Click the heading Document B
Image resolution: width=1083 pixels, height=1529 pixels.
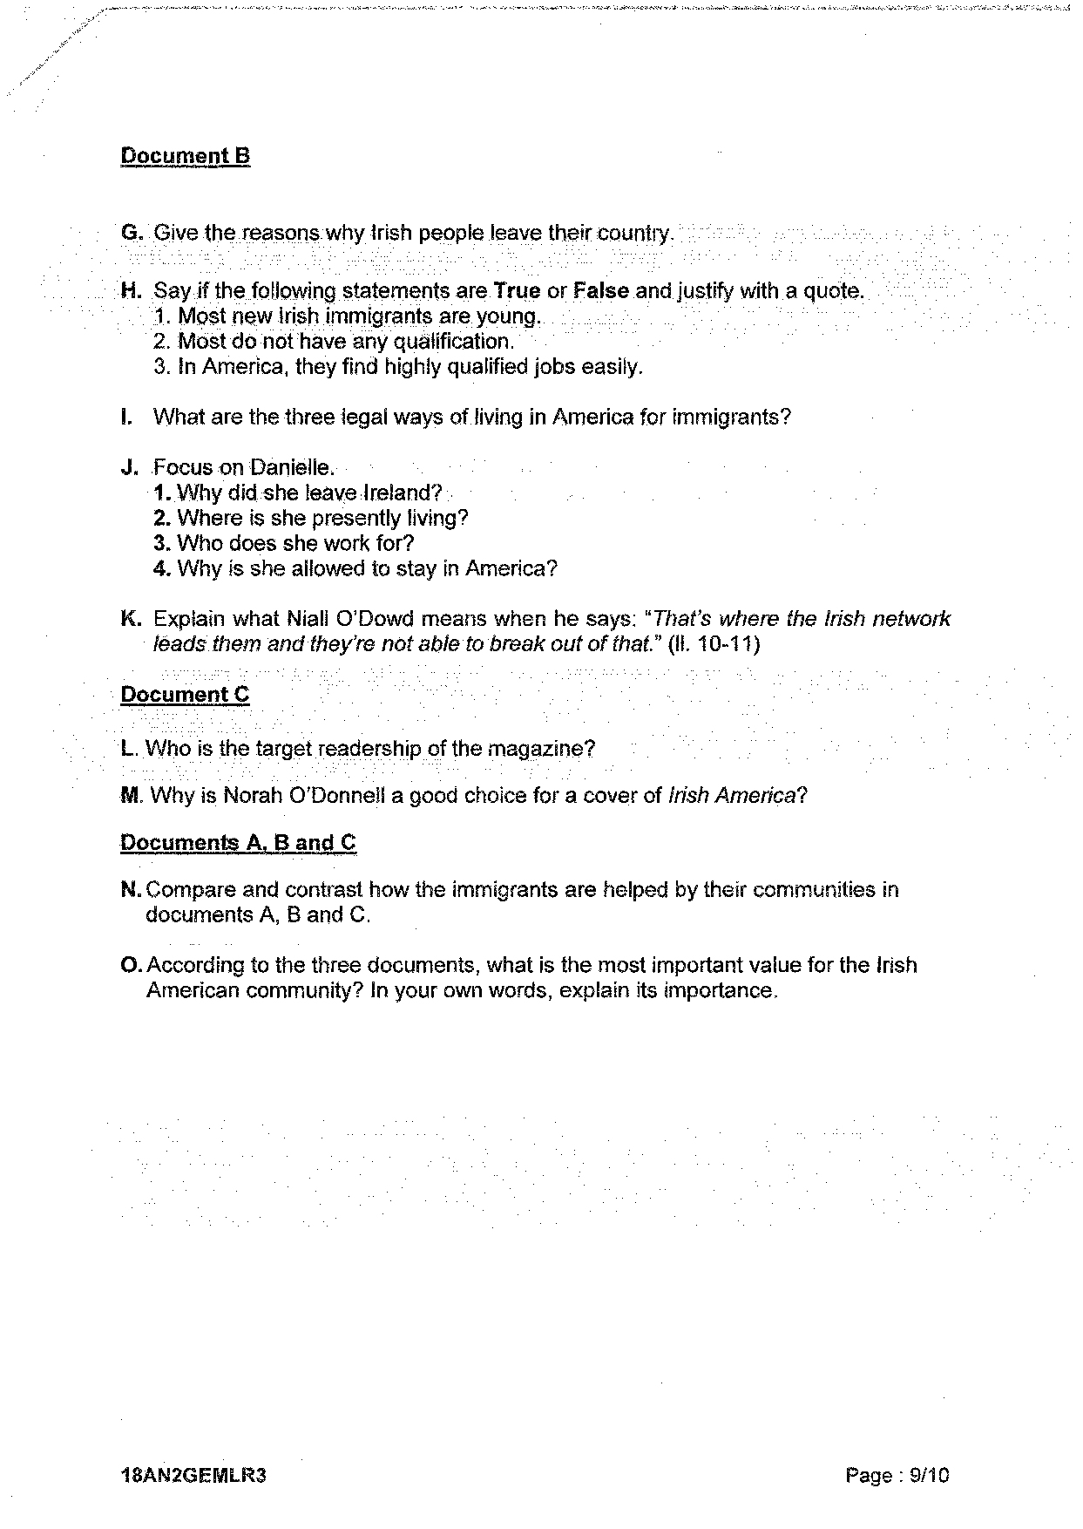(x=185, y=157)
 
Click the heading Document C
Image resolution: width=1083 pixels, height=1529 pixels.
(x=185, y=695)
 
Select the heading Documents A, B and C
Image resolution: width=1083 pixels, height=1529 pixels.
(x=238, y=843)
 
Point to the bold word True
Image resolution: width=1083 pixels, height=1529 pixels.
(x=517, y=291)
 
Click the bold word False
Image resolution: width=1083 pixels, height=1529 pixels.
(x=601, y=291)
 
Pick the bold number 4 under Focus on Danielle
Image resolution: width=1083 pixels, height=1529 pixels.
(x=159, y=569)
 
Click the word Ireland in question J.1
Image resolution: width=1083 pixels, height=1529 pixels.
(x=401, y=493)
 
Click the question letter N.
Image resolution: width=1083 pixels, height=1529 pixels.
(x=131, y=890)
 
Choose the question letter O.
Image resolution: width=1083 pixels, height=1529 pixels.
(x=131, y=966)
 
